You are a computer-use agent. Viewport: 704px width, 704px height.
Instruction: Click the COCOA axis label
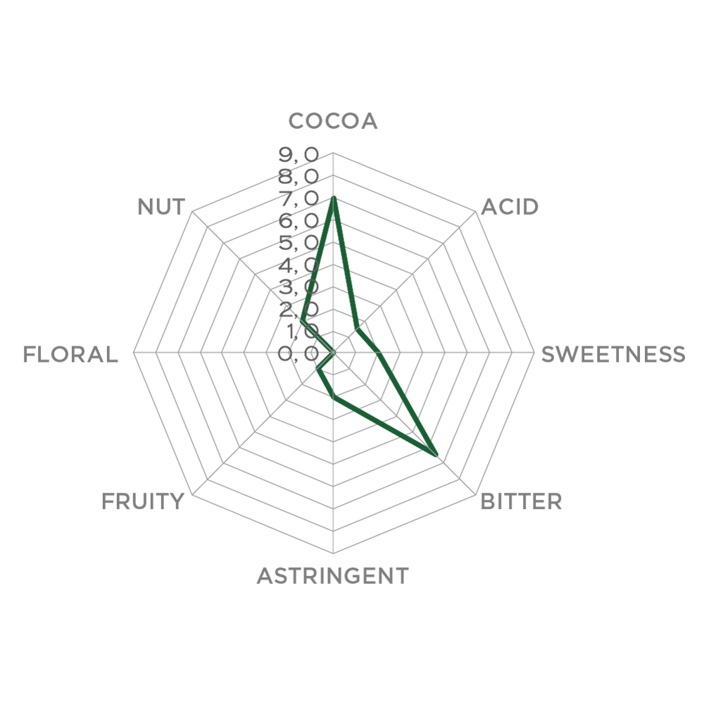tap(333, 121)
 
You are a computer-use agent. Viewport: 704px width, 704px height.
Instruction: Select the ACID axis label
tap(510, 207)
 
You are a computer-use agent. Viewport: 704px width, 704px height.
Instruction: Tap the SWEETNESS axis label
tap(613, 354)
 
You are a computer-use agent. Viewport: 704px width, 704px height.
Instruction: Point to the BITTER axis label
tap(521, 501)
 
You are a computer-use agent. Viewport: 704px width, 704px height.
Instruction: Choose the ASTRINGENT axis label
tap(333, 576)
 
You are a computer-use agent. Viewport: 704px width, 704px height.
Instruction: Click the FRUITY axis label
tap(143, 501)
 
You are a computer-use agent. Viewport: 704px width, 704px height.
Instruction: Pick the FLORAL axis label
tap(70, 355)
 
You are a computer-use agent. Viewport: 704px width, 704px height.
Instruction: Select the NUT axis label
tap(161, 207)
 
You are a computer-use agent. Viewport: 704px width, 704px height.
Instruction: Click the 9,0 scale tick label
tap(298, 155)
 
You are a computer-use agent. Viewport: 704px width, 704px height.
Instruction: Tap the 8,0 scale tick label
tap(298, 177)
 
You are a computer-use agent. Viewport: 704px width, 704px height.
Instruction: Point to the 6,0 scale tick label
tap(298, 221)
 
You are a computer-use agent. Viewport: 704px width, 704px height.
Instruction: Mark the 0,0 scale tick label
tap(298, 353)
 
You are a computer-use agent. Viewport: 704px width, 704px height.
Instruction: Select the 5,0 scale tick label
tap(298, 243)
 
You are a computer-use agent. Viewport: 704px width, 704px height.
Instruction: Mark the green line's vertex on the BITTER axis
tap(436, 455)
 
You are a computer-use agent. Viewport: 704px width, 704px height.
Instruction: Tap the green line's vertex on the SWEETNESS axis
tap(379, 353)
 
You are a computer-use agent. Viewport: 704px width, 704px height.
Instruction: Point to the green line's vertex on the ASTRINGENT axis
tap(333, 397)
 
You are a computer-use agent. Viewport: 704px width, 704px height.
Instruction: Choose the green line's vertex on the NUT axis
tap(302, 322)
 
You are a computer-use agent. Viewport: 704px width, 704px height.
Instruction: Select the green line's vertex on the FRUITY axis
tap(318, 370)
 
